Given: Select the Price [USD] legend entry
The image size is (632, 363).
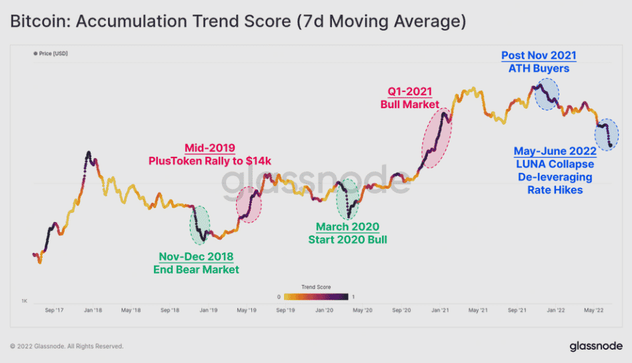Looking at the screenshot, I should pyautogui.click(x=51, y=53).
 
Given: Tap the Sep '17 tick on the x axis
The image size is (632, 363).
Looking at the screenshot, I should pyautogui.click(x=55, y=310).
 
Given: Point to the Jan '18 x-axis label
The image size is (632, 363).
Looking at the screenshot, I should pyautogui.click(x=93, y=310).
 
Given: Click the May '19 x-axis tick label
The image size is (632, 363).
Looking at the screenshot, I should pyautogui.click(x=247, y=310).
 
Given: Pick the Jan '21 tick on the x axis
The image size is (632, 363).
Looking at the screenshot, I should pyautogui.click(x=440, y=310).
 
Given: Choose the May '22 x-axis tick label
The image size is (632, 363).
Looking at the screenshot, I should pyautogui.click(x=594, y=310).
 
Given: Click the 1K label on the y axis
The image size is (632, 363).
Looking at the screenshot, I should pyautogui.click(x=24, y=302).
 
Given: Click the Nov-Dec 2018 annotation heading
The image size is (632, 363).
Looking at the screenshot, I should pyautogui.click(x=196, y=257).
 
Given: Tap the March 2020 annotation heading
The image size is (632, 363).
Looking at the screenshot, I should pyautogui.click(x=347, y=228).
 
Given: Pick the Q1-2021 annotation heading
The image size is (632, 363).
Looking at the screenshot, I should pyautogui.click(x=409, y=92).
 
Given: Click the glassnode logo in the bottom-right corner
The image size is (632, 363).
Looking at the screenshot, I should pyautogui.click(x=596, y=346).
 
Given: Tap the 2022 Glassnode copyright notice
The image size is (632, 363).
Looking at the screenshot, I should pyautogui.click(x=67, y=346).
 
